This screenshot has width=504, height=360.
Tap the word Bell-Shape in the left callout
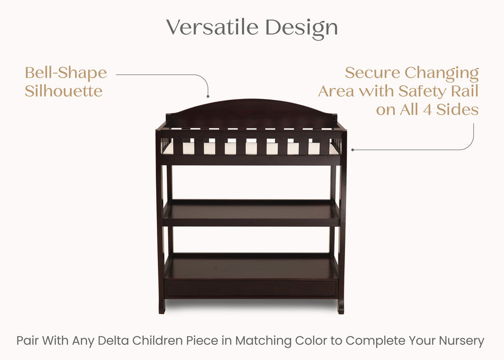click(x=66, y=73)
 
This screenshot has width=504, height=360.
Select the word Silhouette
click(x=63, y=91)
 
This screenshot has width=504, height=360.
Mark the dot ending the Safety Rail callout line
click(x=352, y=149)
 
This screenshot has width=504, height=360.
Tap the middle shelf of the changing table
click(x=251, y=213)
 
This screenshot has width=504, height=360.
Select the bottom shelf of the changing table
click(x=251, y=268)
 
